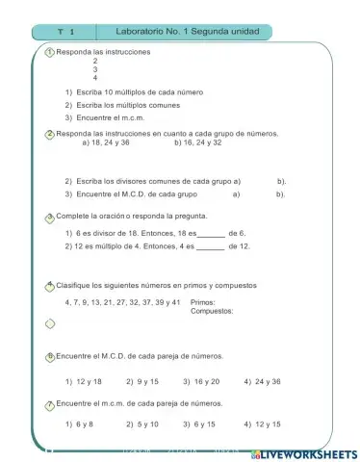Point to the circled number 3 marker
point(50,218)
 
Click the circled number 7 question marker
point(50,403)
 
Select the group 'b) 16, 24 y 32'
point(198,143)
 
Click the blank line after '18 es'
point(211,234)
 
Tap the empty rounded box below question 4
point(50,323)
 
